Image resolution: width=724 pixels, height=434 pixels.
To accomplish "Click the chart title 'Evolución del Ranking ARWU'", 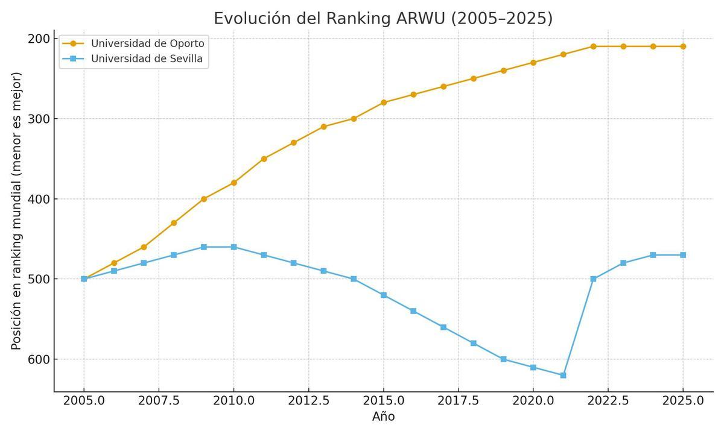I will point(383,18).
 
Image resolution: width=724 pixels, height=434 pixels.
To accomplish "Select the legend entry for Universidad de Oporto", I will point(147,43).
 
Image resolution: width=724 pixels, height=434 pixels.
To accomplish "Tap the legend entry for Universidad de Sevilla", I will point(147,59).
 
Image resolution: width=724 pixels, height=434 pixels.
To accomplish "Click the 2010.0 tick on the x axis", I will point(233,401).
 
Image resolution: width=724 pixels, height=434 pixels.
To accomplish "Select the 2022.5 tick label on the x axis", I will point(608,401).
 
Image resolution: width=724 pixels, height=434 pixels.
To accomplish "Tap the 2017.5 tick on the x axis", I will point(458,401).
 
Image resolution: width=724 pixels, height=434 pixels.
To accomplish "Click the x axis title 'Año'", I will point(383,417).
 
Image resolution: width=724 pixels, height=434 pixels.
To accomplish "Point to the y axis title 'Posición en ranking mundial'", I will point(16,211).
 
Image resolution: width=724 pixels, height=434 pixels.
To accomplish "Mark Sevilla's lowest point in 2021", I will point(563,375).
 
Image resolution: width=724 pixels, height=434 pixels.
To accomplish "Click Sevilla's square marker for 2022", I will point(593,279).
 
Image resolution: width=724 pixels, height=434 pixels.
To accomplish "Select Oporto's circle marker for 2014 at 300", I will point(354,119).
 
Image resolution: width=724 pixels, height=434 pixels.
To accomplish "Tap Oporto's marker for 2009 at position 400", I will point(204,199).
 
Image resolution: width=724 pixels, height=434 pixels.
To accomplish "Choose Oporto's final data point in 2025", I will point(683,46).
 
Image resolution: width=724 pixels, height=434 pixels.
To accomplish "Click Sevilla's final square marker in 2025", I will point(683,255).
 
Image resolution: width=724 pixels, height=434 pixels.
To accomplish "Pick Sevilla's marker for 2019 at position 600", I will point(503,359).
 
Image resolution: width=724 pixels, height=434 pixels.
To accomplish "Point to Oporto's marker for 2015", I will point(383,102).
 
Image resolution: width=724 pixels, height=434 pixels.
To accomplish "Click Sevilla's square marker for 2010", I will point(233,247).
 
